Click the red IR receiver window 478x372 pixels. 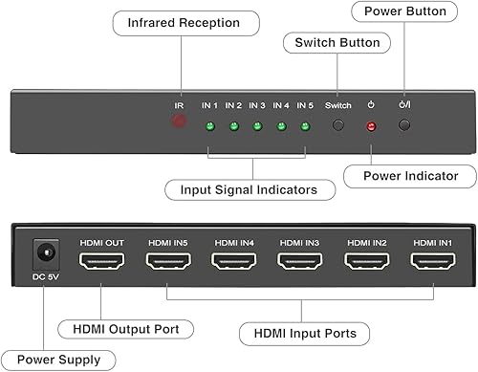(178, 122)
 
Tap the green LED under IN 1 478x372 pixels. (208, 126)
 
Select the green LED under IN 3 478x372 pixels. (257, 126)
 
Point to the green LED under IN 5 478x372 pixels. (305, 126)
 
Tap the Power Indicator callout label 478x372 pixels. (412, 175)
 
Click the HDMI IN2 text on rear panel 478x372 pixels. (365, 241)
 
